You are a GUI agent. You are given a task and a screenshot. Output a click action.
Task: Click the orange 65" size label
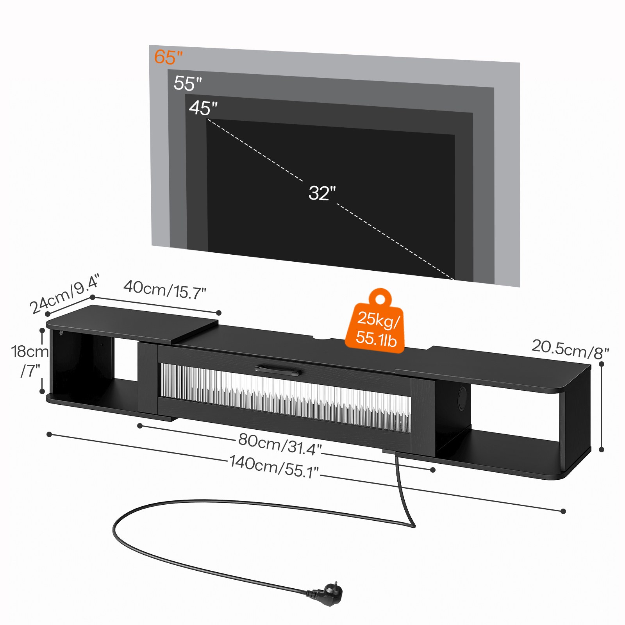point(168,57)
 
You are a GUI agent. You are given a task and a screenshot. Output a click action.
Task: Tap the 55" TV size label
point(187,83)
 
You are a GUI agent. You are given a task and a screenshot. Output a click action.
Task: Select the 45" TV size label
point(203,108)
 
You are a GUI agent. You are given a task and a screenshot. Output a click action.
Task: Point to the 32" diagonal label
point(322,193)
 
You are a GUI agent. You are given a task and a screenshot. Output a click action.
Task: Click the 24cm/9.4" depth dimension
point(65,294)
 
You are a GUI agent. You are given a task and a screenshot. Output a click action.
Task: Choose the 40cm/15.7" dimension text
point(164,290)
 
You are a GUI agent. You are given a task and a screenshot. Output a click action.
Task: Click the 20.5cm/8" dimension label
point(570,349)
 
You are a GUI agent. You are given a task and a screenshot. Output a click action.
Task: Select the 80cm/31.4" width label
point(280,444)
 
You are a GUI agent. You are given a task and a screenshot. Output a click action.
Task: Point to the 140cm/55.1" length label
point(274,466)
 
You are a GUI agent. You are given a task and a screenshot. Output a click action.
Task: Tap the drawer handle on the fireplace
point(278,370)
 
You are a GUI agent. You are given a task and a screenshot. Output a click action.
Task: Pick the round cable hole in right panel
point(462,398)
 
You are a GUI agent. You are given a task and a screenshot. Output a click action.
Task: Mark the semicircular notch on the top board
point(323,338)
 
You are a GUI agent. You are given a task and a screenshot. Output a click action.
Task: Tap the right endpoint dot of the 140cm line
point(563,511)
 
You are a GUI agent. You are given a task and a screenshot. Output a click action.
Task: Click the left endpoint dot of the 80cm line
point(140,426)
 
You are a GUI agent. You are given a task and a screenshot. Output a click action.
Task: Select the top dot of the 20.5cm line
point(602,364)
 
